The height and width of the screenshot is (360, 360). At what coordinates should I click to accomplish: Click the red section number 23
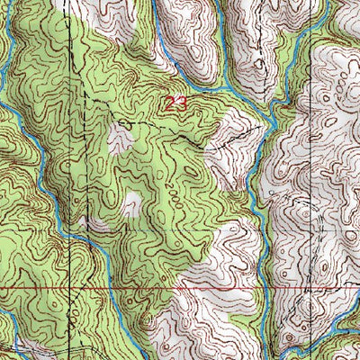click(x=175, y=103)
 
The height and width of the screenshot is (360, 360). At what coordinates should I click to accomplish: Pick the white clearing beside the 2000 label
click(x=133, y=203)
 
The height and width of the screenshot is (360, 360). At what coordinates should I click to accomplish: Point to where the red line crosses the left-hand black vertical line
click(x=69, y=289)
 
